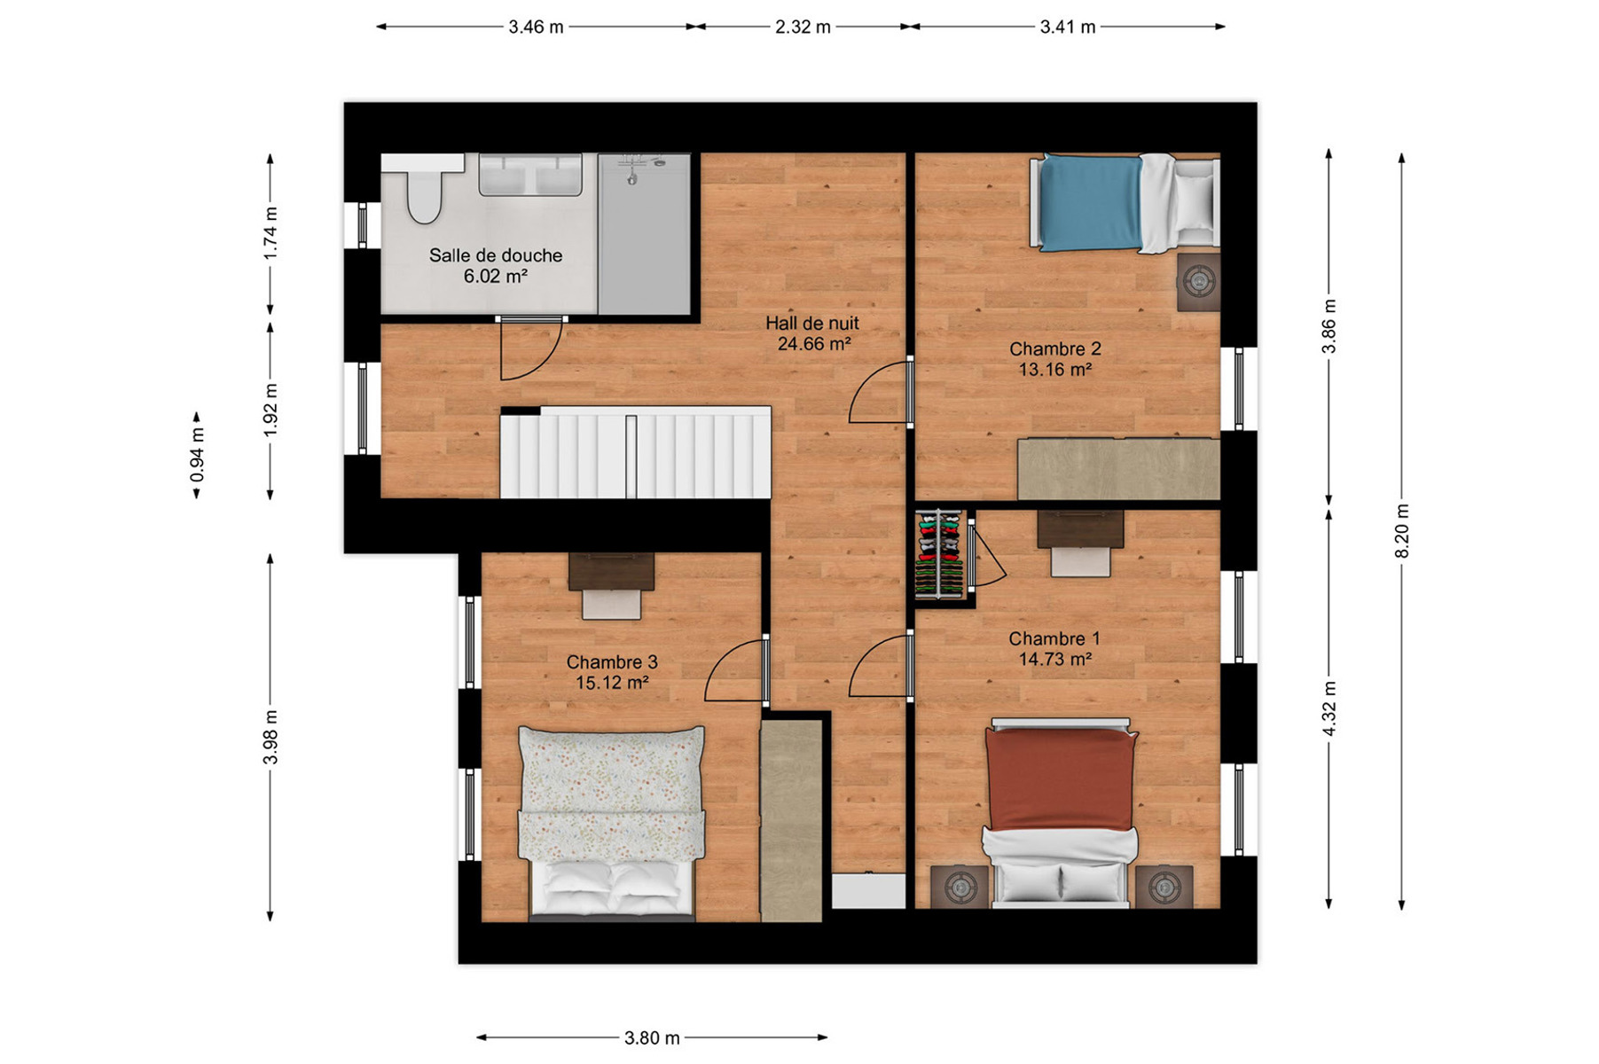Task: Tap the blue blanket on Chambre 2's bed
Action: click(x=1090, y=202)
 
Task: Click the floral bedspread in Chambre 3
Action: click(x=611, y=793)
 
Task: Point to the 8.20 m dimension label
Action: click(x=1402, y=531)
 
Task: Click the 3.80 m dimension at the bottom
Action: click(x=652, y=1037)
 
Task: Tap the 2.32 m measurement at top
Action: click(x=803, y=27)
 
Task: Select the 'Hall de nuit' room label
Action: click(x=812, y=324)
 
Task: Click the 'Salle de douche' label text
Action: click(x=496, y=255)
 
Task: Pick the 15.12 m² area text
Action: click(x=612, y=683)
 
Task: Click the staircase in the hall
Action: click(x=636, y=453)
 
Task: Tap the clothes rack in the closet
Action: click(x=939, y=555)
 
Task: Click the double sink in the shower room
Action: click(x=530, y=175)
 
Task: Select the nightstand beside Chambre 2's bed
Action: click(x=1199, y=282)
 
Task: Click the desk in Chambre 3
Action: click(x=611, y=572)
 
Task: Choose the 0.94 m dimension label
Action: click(x=197, y=455)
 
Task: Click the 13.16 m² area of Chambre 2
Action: click(x=1054, y=370)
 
